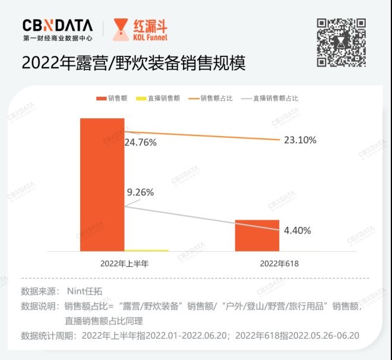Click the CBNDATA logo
click(58, 26)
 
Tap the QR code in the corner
click(340, 42)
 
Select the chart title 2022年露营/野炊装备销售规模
click(133, 64)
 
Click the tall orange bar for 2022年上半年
click(102, 184)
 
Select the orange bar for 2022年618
click(257, 235)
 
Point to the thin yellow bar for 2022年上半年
click(147, 250)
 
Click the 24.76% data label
click(140, 143)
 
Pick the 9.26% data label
click(140, 192)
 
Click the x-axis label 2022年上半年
click(124, 263)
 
